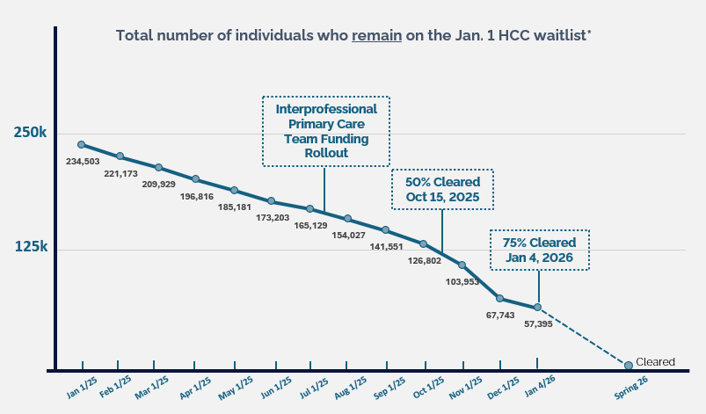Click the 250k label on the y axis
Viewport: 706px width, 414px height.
pos(30,133)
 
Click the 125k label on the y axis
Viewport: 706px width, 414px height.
pos(30,247)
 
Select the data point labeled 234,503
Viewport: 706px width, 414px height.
pos(81,145)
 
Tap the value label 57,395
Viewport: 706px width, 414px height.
pos(537,324)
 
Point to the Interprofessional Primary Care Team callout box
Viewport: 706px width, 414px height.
pos(326,131)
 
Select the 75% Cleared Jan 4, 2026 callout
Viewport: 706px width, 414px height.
pos(539,251)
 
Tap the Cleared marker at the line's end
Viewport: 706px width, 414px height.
pos(628,365)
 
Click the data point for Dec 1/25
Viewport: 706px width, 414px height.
pos(499,299)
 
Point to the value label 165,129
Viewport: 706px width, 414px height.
pos(309,226)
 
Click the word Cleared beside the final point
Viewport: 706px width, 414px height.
pos(655,362)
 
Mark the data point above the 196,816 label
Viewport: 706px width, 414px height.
pos(196,179)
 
